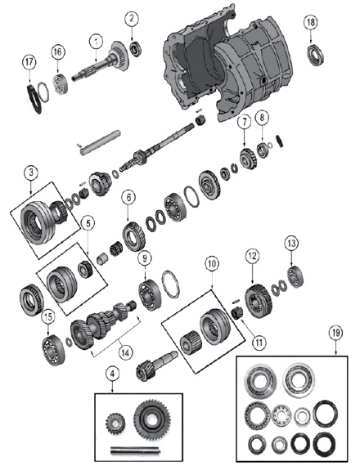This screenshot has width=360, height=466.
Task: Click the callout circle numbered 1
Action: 96,41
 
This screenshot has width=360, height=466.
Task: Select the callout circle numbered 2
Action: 133,18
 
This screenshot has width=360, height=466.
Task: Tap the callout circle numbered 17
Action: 29,62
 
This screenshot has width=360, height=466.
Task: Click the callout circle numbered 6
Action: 128,196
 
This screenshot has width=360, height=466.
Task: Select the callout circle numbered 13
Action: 290,243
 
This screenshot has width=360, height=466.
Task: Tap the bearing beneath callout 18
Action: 313,55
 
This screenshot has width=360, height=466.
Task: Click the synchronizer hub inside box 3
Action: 39,218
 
